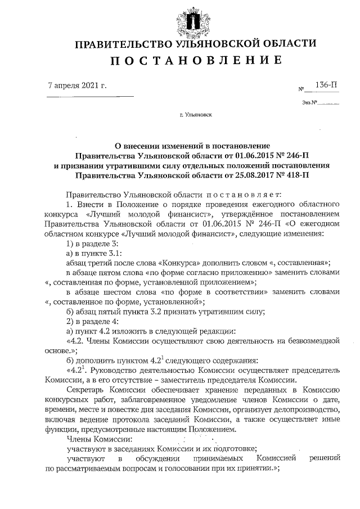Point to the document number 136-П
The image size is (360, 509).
pyautogui.click(x=326, y=85)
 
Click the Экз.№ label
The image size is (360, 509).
pyautogui.click(x=310, y=103)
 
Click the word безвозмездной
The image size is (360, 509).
pyautogui.click(x=313, y=340)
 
